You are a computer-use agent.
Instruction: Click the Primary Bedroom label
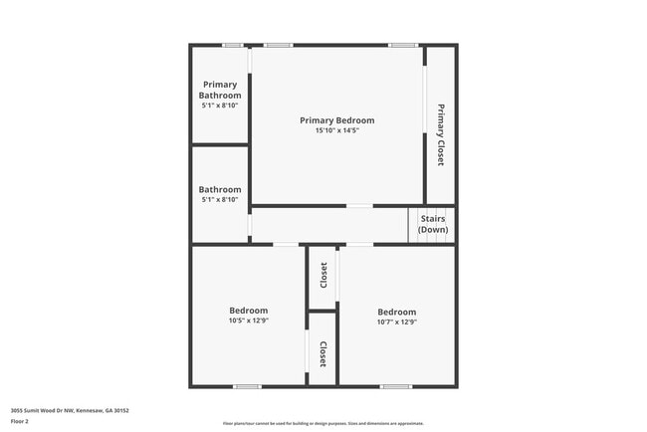tap(337, 120)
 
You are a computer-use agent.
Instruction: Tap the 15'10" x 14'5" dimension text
tap(337, 130)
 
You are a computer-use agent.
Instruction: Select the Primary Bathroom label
tap(221, 90)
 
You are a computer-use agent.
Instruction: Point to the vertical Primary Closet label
tap(440, 133)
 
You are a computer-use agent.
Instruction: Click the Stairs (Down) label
tap(433, 223)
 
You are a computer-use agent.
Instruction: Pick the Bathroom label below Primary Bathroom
tap(220, 189)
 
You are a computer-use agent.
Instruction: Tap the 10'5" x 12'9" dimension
tap(249, 321)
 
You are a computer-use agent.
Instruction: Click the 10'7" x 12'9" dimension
tap(396, 322)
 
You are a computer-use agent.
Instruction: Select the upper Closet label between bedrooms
tap(323, 275)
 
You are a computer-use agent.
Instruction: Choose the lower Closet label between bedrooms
tap(323, 354)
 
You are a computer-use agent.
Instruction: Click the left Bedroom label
tap(249, 311)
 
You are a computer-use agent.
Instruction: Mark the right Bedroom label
tap(396, 312)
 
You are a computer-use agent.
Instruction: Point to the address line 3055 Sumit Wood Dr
tap(70, 410)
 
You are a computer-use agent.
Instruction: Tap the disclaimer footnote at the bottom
tap(323, 423)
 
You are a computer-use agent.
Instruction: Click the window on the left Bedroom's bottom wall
tap(247, 386)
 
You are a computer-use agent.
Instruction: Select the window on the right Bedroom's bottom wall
tap(395, 386)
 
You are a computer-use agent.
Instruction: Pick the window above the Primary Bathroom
tap(232, 45)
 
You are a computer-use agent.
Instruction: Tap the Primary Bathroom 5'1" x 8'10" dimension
tap(220, 105)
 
